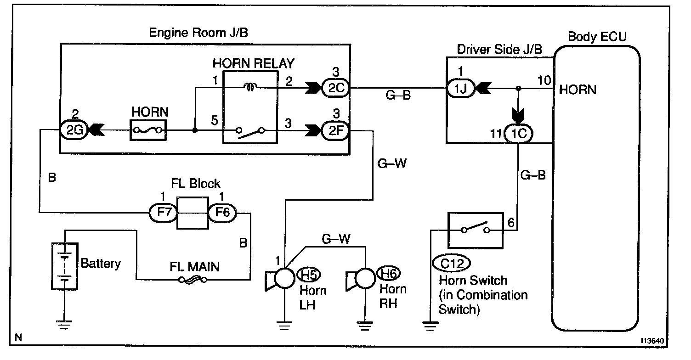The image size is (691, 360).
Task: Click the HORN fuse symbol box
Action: coord(148,130)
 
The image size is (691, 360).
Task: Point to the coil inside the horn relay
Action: coord(250,85)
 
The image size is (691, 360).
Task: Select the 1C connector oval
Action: coord(519,134)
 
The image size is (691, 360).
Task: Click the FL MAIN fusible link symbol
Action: coord(193,279)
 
